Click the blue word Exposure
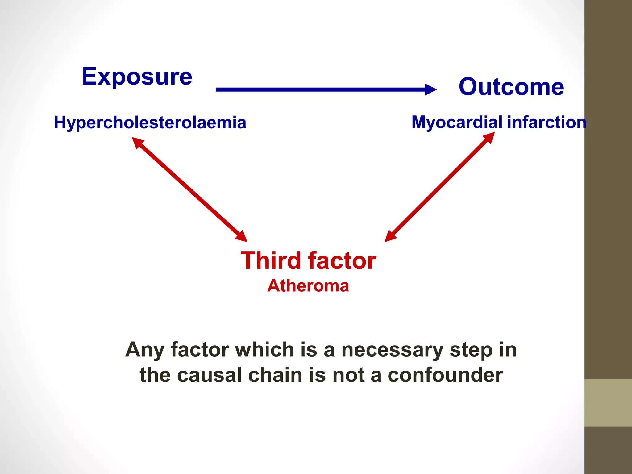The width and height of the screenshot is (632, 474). [x=137, y=77]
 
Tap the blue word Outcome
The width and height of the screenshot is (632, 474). [x=511, y=87]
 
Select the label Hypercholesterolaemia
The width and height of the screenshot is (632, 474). [x=150, y=123]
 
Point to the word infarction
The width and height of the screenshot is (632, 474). [x=547, y=122]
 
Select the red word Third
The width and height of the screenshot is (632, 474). [x=271, y=260]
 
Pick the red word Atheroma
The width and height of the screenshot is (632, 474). [x=308, y=285]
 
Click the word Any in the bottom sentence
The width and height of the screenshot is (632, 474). [x=144, y=350]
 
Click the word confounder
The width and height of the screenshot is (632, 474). [x=445, y=375]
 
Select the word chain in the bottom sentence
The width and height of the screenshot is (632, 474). [x=275, y=375]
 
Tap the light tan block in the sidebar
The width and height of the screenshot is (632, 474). [x=608, y=403]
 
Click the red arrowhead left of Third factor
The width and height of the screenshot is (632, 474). [x=242, y=236]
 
